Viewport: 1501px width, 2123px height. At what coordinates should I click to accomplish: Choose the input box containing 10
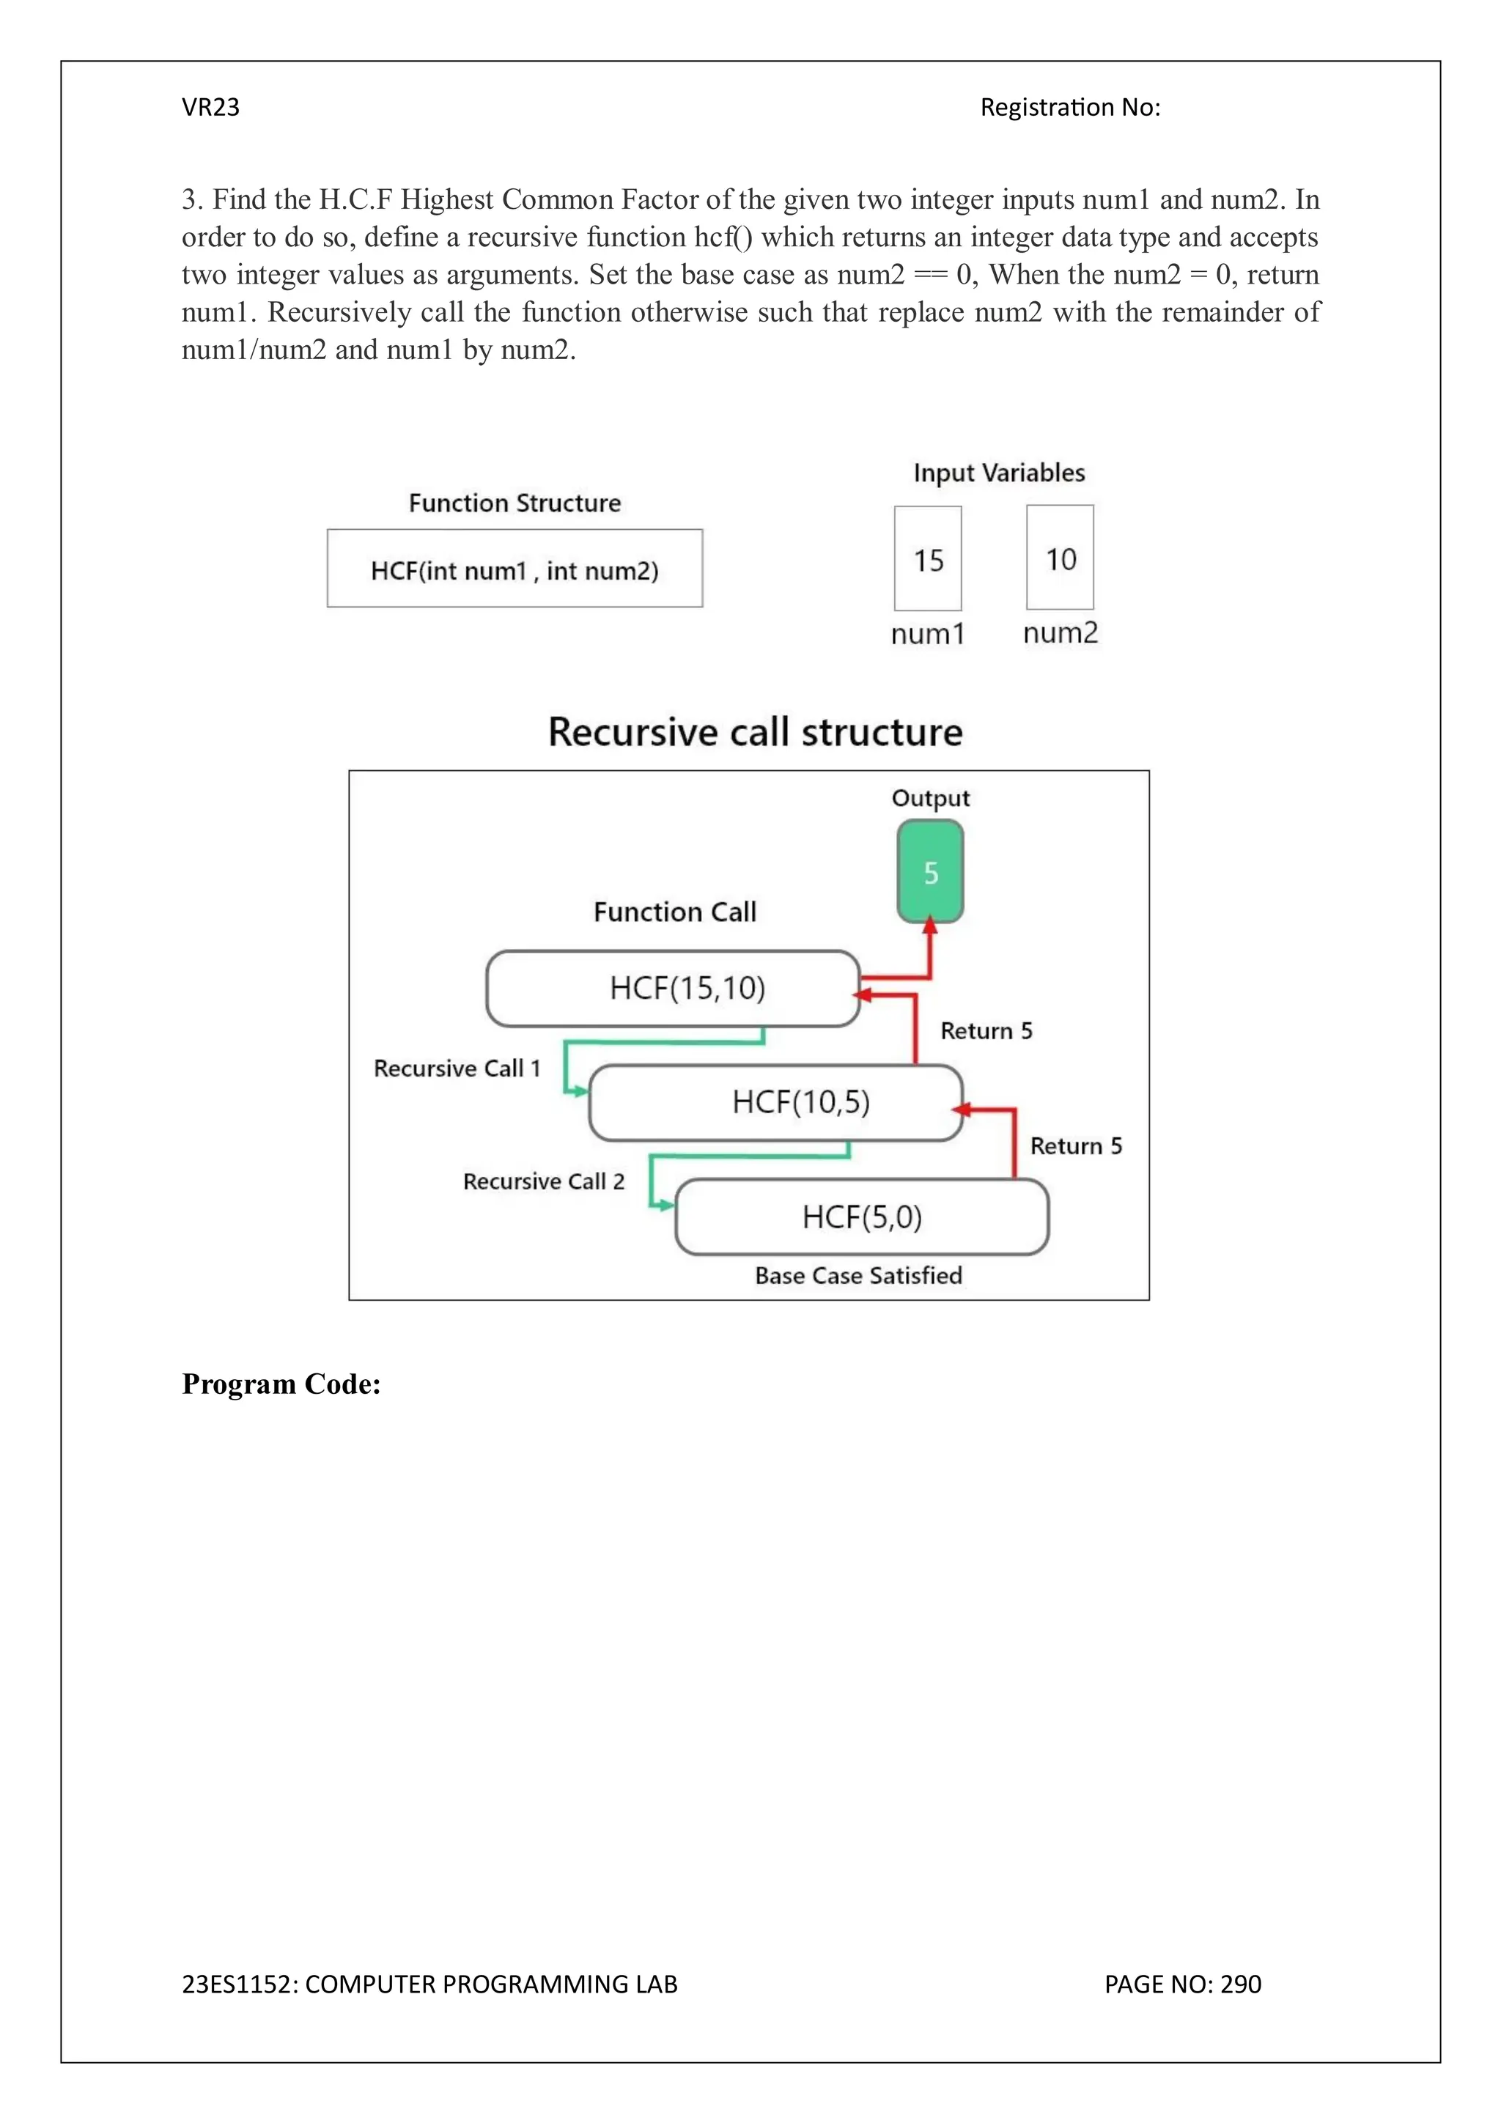pyautogui.click(x=1060, y=557)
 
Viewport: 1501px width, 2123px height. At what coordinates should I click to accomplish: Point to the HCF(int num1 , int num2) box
pyautogui.click(x=515, y=569)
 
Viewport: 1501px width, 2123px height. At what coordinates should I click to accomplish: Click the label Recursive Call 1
pyautogui.click(x=456, y=1068)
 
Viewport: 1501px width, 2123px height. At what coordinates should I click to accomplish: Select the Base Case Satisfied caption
pyautogui.click(x=858, y=1275)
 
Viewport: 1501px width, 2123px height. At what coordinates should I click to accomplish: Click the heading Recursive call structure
pyautogui.click(x=755, y=731)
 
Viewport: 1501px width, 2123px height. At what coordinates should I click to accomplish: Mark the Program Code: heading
pyautogui.click(x=281, y=1384)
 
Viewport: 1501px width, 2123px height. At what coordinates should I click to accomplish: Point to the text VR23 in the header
pyautogui.click(x=211, y=107)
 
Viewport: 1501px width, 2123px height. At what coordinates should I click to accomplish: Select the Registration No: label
pyautogui.click(x=1070, y=107)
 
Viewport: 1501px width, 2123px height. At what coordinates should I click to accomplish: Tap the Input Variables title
pyautogui.click(x=999, y=473)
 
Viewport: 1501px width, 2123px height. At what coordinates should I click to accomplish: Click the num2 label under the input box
pyautogui.click(x=1060, y=632)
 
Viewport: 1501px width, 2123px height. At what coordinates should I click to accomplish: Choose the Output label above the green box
pyautogui.click(x=930, y=798)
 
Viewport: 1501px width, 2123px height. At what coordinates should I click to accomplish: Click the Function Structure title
pyautogui.click(x=515, y=503)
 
